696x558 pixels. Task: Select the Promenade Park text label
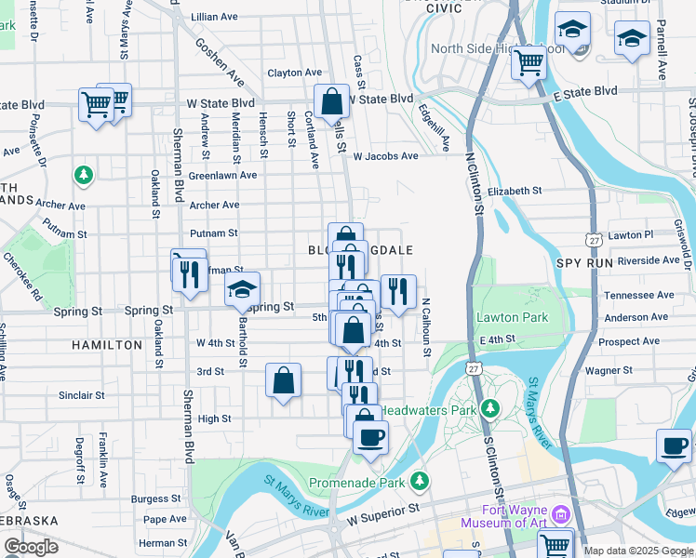pos(371,483)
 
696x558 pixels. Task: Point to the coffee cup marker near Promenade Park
pos(370,437)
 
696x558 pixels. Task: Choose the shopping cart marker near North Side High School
pos(529,62)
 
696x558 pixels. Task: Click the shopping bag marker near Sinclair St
pos(283,379)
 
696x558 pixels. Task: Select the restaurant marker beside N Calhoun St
pos(398,291)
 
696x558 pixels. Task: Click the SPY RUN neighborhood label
pos(582,265)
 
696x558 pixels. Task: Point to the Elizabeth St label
pos(514,191)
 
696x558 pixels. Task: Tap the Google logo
pos(31,547)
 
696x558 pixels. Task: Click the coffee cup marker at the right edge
pos(673,445)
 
